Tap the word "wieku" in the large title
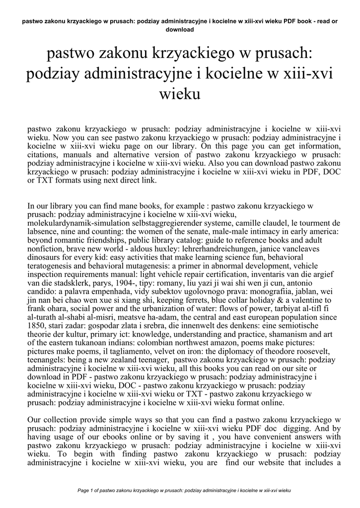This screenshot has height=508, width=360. (x=180, y=93)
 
